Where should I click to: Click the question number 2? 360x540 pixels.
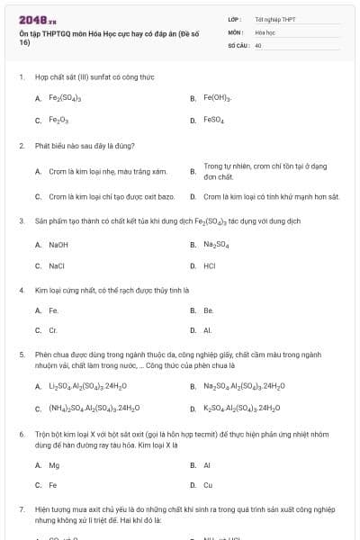(x=22, y=145)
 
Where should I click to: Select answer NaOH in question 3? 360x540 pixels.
(x=58, y=245)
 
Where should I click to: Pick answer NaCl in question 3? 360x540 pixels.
(x=57, y=266)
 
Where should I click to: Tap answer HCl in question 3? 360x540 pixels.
(x=210, y=266)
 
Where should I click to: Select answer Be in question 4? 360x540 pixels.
(x=208, y=310)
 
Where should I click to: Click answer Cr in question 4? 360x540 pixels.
(x=53, y=331)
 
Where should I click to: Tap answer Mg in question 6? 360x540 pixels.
(x=54, y=465)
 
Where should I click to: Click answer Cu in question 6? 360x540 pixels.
(x=208, y=486)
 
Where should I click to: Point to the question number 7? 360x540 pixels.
(x=22, y=509)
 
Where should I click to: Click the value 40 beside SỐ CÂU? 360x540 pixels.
(x=258, y=45)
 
